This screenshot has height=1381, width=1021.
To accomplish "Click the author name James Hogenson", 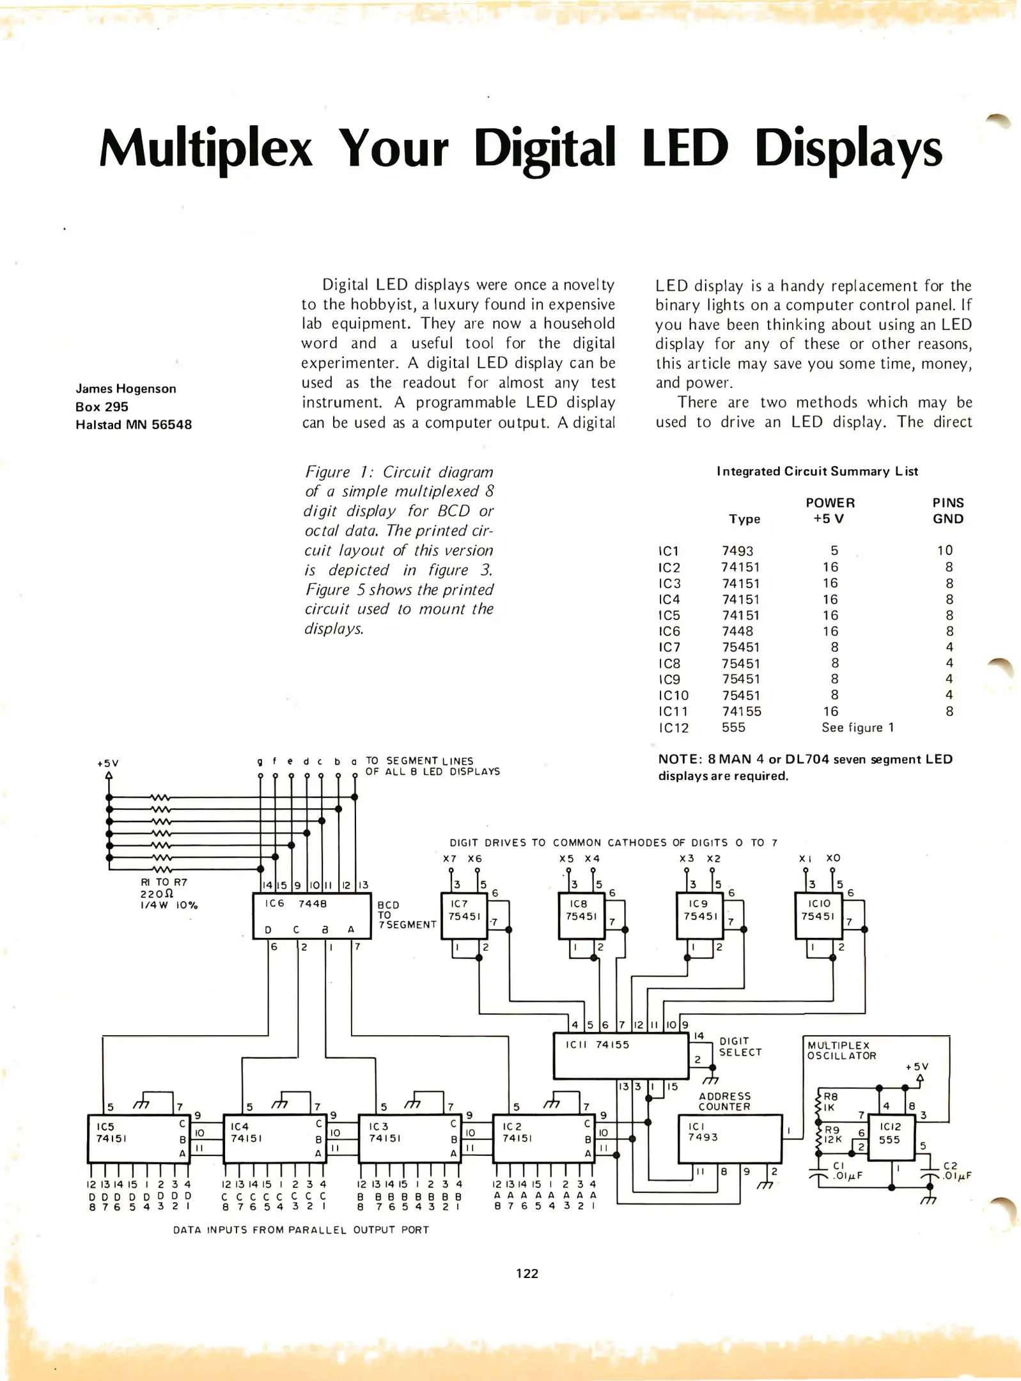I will coord(126,389).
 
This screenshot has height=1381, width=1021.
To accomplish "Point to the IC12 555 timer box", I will coord(890,1138).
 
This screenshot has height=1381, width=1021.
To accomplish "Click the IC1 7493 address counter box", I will coord(729,1139).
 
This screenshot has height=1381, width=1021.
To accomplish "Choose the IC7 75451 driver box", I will coord(464,916).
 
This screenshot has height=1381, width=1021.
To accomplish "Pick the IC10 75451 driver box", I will coord(818,916).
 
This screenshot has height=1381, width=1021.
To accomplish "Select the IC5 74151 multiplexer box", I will coord(138,1139).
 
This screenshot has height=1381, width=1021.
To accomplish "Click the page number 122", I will coord(527,1274).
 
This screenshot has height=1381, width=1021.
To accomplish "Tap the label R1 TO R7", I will coord(164,882).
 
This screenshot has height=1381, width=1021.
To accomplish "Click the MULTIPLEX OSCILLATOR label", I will coord(841,1050).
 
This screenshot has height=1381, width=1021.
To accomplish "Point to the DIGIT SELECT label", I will coord(740,1047).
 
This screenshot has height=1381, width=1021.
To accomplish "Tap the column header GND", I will coord(947,519).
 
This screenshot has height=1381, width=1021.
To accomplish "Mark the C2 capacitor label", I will coord(951,1166).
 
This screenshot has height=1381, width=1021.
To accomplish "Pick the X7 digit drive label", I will coord(449,859).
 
